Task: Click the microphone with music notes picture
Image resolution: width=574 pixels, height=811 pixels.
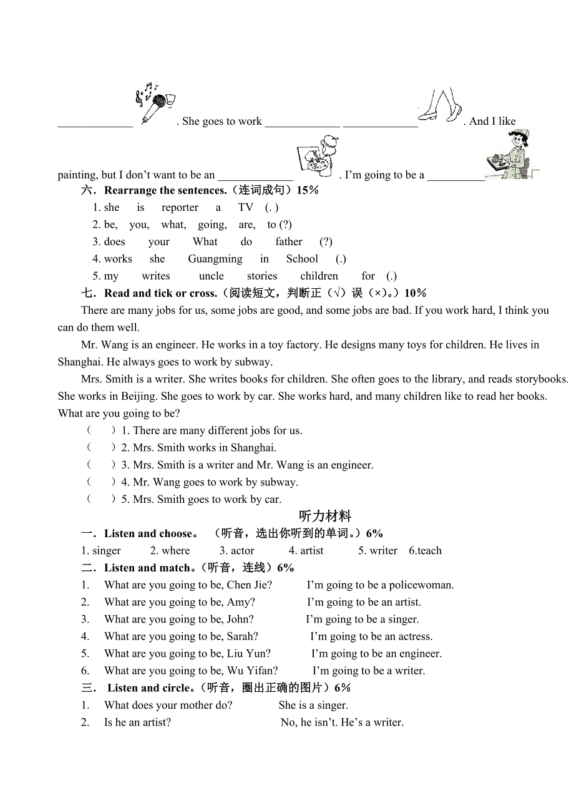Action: [155, 103]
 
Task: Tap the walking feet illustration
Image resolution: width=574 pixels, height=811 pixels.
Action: [440, 105]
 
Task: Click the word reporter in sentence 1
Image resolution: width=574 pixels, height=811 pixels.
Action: [180, 208]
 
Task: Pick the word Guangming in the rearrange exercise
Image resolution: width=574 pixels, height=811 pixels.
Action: [215, 259]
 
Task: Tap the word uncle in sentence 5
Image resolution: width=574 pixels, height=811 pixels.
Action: [212, 276]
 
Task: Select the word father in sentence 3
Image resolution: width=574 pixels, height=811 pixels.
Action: [289, 242]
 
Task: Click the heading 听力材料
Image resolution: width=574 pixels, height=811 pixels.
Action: [325, 516]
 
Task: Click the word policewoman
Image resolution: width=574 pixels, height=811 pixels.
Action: [421, 585]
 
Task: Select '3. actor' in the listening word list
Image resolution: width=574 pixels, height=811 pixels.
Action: [236, 551]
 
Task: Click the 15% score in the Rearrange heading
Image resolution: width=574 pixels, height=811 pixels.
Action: [308, 190]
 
